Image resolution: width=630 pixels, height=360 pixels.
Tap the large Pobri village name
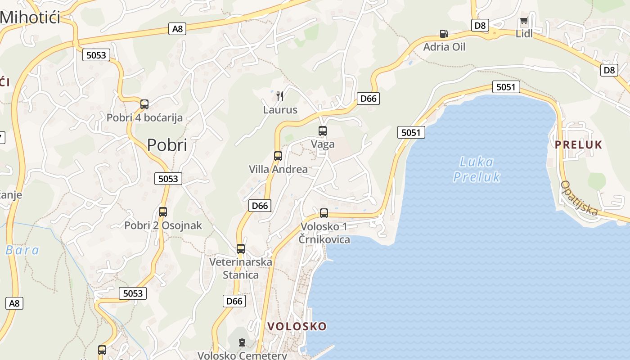(167, 145)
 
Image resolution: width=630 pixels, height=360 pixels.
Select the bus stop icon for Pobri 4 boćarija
(144, 104)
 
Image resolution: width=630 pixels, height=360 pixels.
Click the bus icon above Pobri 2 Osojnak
(163, 211)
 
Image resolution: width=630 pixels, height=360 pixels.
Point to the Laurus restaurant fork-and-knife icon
(280, 96)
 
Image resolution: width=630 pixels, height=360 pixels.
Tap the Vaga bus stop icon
(323, 131)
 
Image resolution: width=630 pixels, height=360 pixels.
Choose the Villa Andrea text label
(278, 169)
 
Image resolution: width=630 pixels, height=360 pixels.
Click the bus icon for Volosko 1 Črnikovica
(324, 213)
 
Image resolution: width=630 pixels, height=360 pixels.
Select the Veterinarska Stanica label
(241, 268)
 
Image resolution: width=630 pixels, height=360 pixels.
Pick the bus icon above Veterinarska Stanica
(241, 248)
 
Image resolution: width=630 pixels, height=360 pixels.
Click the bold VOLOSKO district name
(297, 326)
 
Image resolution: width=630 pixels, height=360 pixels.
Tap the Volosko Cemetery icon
(242, 343)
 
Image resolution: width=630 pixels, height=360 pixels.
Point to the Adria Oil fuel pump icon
(444, 34)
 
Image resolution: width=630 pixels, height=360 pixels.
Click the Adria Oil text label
(444, 47)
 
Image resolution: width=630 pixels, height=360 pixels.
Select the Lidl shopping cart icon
(524, 21)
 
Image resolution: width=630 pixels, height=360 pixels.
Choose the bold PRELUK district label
(578, 144)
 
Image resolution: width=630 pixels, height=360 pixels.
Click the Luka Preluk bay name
(477, 169)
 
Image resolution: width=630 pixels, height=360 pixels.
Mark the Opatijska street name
(579, 198)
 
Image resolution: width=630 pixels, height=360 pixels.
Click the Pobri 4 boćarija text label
(144, 118)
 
